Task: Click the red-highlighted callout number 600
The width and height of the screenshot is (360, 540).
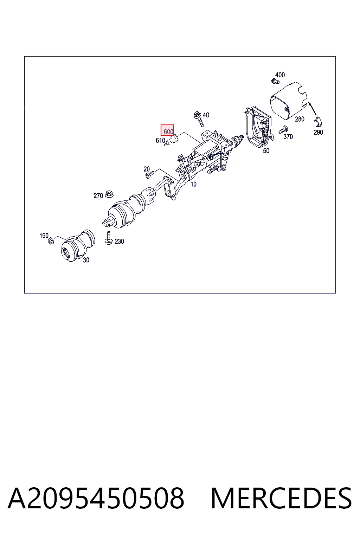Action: pos(168,131)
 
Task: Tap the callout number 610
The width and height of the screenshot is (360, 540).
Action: pos(160,140)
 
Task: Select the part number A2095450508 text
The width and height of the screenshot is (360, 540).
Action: pos(96,498)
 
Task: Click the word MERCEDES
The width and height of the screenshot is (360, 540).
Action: pos(281,498)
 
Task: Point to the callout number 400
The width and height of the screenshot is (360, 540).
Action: pos(280,75)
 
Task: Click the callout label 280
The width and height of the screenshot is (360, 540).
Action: pos(300,119)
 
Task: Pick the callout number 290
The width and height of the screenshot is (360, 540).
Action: pos(318,132)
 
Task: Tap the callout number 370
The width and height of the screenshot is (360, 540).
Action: pos(288,137)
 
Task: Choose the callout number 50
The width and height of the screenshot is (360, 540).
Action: pos(266,151)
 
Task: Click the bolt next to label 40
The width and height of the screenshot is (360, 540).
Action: pos(199,119)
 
